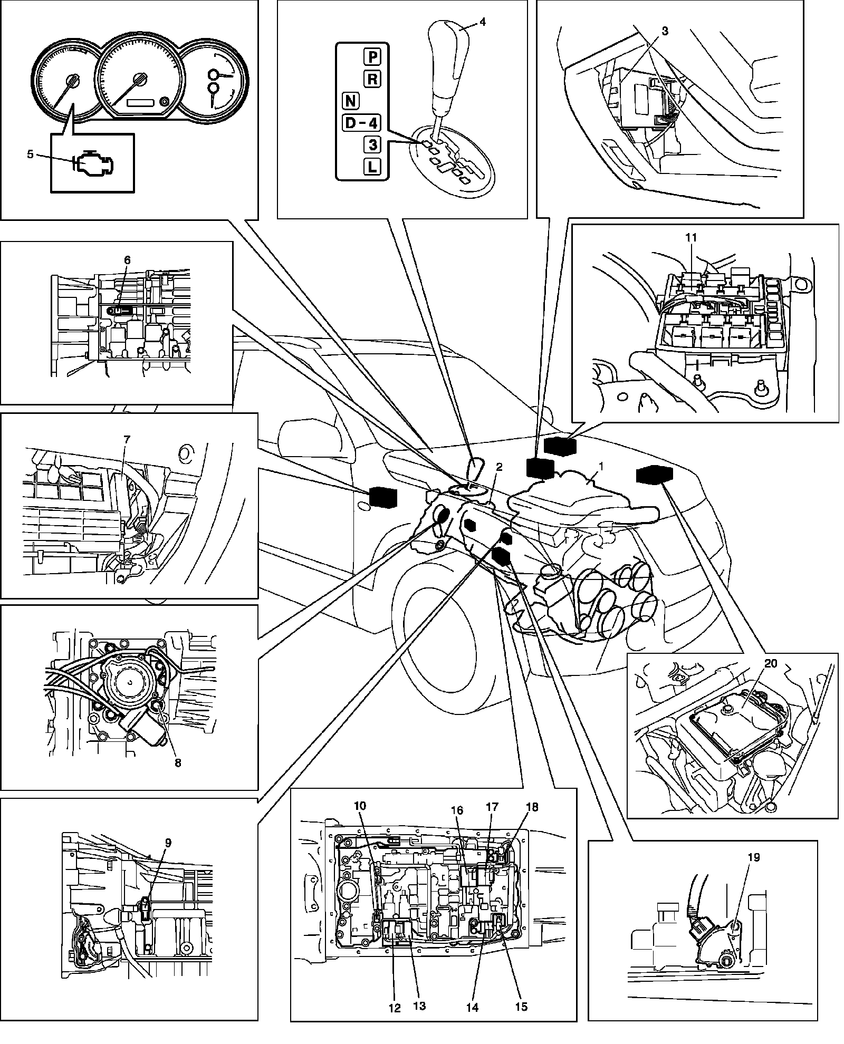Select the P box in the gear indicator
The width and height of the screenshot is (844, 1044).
[x=373, y=56]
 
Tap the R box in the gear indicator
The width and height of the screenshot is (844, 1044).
[x=373, y=79]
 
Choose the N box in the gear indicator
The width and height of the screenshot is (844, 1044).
[x=350, y=100]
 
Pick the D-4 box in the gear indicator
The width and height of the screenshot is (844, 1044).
[x=361, y=123]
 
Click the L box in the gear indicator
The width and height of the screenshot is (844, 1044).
[x=373, y=167]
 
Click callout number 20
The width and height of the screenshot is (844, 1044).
[x=771, y=663]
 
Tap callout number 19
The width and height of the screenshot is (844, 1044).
[x=754, y=857]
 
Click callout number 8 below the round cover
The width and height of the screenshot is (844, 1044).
[x=177, y=762]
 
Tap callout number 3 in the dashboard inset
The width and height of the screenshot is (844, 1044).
[x=665, y=31]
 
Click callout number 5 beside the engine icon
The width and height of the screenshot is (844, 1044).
[x=30, y=154]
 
